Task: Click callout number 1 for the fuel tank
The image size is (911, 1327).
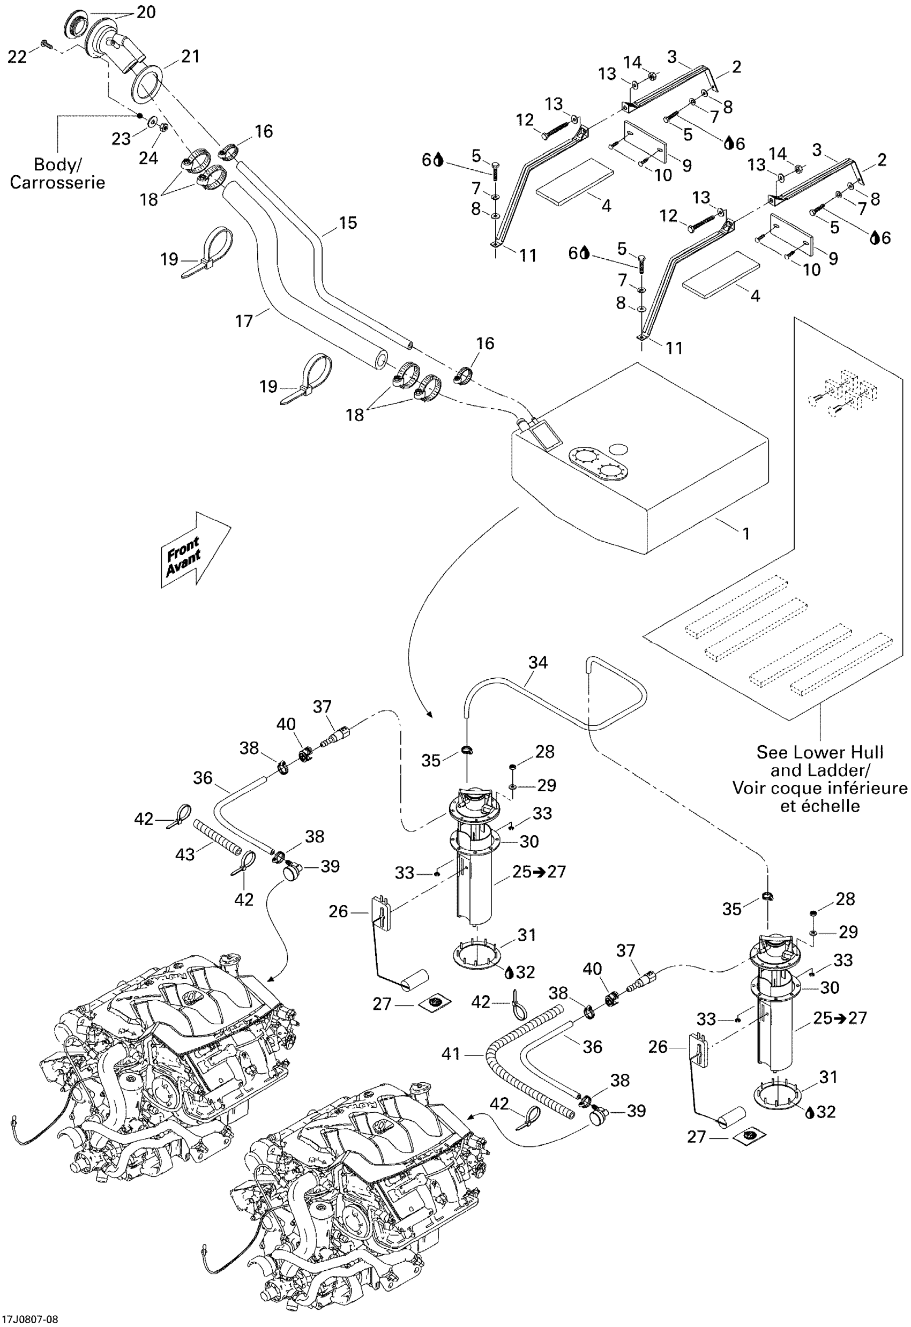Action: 745,534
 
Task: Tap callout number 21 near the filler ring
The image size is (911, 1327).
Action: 190,57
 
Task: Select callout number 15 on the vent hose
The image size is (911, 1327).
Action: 347,223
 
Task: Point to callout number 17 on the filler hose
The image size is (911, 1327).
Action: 244,321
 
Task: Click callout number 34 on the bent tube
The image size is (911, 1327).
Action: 537,662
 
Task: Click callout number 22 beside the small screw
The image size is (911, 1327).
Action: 17,57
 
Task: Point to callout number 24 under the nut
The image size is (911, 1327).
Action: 148,158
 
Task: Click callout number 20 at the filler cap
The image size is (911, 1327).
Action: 146,12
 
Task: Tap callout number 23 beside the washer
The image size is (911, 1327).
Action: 121,139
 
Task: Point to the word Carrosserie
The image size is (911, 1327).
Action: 57,183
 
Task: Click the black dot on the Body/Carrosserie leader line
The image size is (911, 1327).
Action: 139,115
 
